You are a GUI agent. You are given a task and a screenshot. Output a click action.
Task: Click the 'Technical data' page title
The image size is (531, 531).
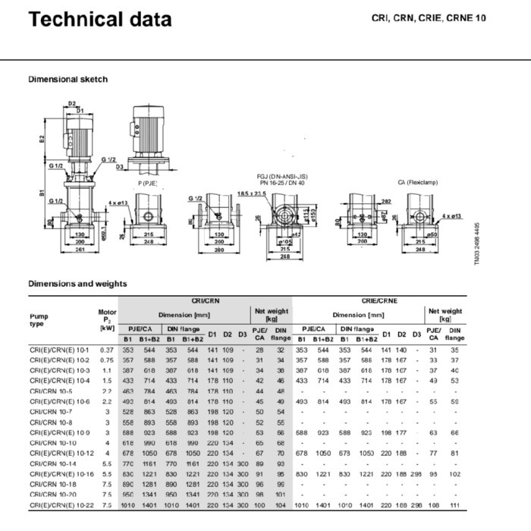(x=99, y=19)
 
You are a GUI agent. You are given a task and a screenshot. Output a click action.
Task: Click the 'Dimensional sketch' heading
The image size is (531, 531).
(x=68, y=79)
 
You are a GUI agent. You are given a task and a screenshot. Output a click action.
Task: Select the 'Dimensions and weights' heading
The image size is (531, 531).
(x=77, y=284)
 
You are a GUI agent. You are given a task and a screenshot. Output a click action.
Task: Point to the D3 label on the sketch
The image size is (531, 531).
(x=120, y=167)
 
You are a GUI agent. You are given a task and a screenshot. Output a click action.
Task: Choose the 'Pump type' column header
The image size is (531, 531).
(x=39, y=319)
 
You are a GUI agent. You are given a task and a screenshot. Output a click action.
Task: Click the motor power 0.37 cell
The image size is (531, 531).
(x=105, y=350)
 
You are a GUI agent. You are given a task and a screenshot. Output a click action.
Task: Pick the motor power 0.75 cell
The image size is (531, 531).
(x=105, y=360)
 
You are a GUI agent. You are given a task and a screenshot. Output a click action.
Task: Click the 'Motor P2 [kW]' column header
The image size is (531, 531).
(x=107, y=319)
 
